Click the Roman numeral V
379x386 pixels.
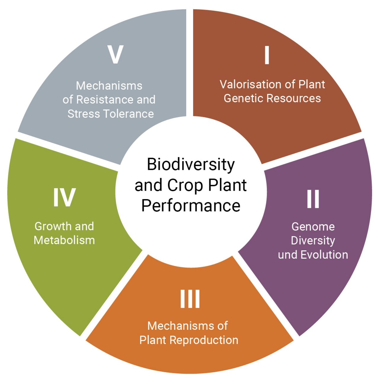[x=115, y=54]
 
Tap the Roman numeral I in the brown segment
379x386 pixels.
[x=267, y=55]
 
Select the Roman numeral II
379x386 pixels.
[x=313, y=199]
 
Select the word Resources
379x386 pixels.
[x=294, y=98]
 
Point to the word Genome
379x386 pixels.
[x=313, y=227]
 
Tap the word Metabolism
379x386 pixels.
[x=64, y=240]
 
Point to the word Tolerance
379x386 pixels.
[x=129, y=114]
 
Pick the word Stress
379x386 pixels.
[x=84, y=114]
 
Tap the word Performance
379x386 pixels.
[x=191, y=205]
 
